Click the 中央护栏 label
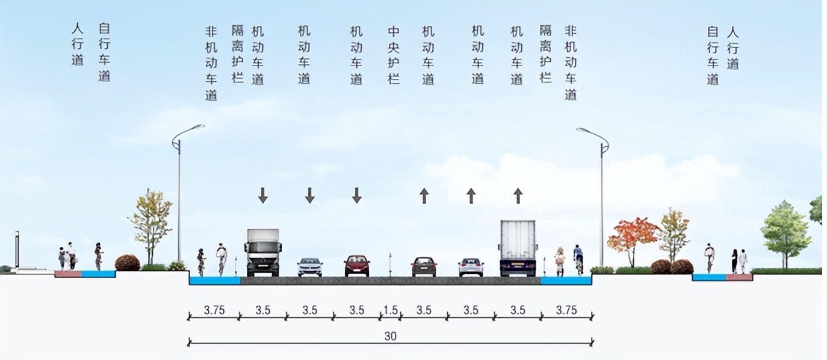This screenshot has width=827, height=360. pyautogui.click(x=394, y=55)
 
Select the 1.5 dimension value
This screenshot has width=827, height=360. pyautogui.click(x=391, y=311)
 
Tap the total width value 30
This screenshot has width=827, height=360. pyautogui.click(x=391, y=337)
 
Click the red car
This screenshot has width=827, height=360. pyautogui.click(x=357, y=265)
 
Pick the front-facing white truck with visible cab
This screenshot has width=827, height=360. pyautogui.click(x=263, y=252)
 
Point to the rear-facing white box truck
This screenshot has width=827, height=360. pyautogui.click(x=518, y=248)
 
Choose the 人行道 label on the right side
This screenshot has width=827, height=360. pyautogui.click(x=733, y=48)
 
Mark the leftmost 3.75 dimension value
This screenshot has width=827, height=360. pyautogui.click(x=214, y=311)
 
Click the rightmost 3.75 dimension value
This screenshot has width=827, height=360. pyautogui.click(x=566, y=311)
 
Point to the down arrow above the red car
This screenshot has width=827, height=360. pyautogui.click(x=357, y=194)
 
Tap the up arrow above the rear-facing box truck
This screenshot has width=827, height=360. pyautogui.click(x=518, y=194)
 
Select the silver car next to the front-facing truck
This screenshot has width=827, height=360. pyautogui.click(x=310, y=267)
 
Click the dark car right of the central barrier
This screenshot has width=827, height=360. pyautogui.click(x=424, y=266)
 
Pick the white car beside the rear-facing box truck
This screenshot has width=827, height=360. pyautogui.click(x=471, y=267)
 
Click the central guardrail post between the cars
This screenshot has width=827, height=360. pyautogui.click(x=390, y=264)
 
